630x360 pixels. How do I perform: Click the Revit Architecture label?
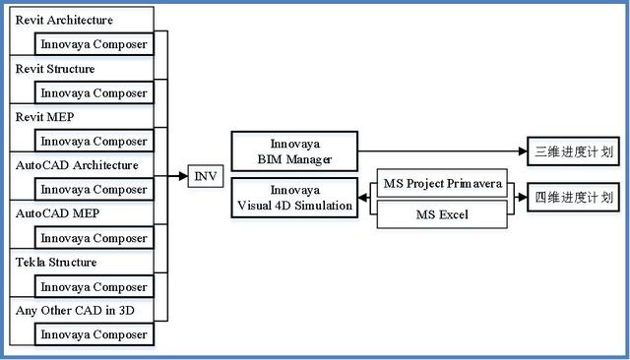click(65, 20)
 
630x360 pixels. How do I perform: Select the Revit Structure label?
click(56, 69)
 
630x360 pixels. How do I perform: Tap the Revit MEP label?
click(45, 117)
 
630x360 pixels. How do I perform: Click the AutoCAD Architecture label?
click(77, 165)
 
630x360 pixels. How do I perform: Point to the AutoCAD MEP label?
click(58, 213)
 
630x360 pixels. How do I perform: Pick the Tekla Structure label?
click(55, 263)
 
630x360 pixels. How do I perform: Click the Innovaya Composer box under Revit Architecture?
click(94, 44)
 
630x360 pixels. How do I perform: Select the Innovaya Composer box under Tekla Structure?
click(94, 287)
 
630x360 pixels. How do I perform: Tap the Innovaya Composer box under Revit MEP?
click(94, 142)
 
